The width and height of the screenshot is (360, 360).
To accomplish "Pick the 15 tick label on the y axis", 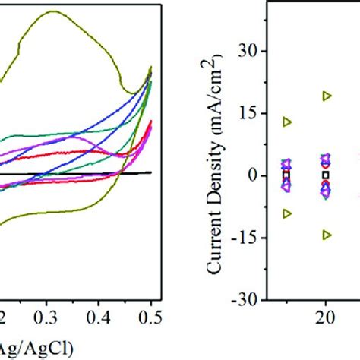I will [252, 113].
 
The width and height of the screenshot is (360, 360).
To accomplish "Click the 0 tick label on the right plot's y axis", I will [256, 175].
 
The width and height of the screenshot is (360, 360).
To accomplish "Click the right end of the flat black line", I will [151, 172].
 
